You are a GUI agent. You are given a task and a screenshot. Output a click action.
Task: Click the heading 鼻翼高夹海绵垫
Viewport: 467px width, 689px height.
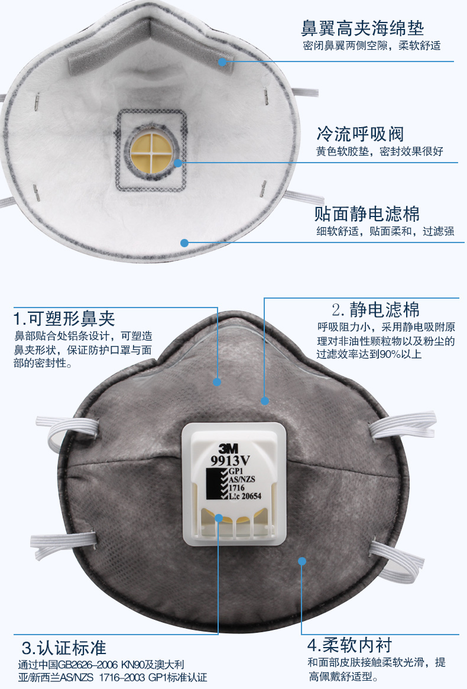coord(362,28)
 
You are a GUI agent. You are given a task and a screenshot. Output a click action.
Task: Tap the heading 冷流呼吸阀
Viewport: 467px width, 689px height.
coord(360,134)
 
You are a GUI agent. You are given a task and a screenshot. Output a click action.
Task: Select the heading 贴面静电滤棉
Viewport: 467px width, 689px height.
coord(367,214)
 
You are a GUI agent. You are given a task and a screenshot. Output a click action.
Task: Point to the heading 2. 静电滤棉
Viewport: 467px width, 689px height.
coord(375,310)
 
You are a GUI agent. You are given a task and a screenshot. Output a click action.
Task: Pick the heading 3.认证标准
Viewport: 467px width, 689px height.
coord(64,648)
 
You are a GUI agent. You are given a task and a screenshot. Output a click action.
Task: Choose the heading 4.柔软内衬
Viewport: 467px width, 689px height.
coord(350,645)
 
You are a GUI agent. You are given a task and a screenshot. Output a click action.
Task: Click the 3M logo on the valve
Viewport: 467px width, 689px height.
coord(228,448)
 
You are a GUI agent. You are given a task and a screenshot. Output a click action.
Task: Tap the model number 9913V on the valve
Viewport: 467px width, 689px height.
coord(230,460)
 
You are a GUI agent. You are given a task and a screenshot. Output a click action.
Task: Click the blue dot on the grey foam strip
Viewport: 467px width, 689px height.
coord(222,62)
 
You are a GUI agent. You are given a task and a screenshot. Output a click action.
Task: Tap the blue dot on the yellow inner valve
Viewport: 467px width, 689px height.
coord(177,163)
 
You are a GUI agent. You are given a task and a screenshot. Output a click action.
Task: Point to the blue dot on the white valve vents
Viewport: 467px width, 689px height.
coord(218,518)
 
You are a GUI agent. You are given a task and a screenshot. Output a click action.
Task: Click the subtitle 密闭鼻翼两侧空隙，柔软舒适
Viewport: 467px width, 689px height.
coord(372,46)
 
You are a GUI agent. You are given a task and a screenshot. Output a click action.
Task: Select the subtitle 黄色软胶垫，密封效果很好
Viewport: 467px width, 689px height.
coord(380,151)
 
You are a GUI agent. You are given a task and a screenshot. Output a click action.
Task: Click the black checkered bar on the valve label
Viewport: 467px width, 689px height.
coord(218,484)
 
